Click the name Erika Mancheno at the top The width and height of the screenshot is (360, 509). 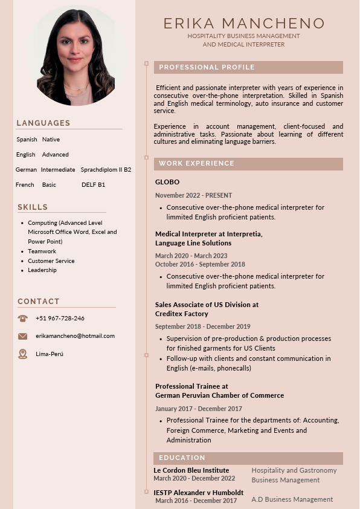(x=244, y=24)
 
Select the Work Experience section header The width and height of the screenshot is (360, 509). (x=196, y=163)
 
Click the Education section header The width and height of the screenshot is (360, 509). (x=182, y=458)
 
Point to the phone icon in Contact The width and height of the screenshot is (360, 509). (x=23, y=318)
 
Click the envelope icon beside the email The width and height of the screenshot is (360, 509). (x=23, y=336)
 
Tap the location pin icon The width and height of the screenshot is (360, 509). (x=23, y=354)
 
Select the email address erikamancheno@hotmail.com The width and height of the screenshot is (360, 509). (x=75, y=336)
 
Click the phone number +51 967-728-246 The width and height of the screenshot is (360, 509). (x=60, y=319)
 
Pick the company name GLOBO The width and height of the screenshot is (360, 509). (x=167, y=182)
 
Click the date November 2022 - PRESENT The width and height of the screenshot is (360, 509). (x=193, y=195)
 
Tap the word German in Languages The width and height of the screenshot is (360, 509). (x=26, y=170)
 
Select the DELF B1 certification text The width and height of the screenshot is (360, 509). (x=93, y=185)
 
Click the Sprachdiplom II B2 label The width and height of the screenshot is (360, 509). (x=106, y=170)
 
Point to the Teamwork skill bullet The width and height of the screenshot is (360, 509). (x=42, y=251)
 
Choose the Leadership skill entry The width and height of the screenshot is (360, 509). (x=42, y=270)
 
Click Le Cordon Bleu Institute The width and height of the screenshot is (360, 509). (x=191, y=470)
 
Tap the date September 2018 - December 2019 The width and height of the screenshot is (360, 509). (x=202, y=326)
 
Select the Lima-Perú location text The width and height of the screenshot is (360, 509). (x=50, y=354)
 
